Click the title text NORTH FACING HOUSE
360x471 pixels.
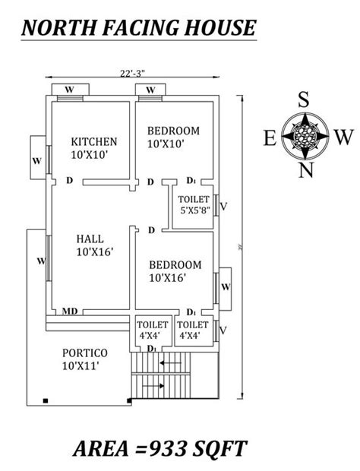(138, 28)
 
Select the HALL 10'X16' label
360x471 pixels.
(94, 245)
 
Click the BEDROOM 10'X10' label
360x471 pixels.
(173, 136)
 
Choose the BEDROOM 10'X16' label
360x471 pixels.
(175, 270)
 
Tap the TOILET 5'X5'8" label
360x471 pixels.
(194, 205)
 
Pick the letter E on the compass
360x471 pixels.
(269, 138)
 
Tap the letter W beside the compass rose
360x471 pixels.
(343, 138)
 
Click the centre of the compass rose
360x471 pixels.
(305, 136)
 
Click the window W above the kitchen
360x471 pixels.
(69, 90)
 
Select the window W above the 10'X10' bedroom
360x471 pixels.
(150, 90)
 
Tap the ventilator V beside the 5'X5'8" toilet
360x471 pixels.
(223, 205)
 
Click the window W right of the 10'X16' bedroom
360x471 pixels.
(226, 287)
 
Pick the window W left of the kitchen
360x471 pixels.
(36, 161)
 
